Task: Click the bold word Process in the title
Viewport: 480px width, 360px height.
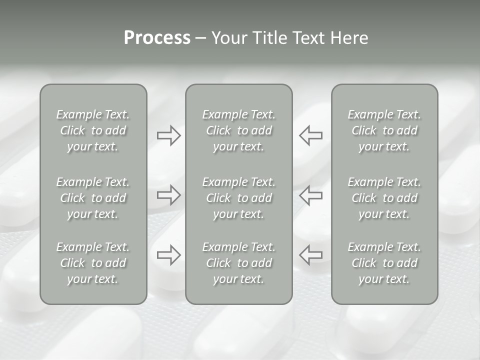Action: coord(157,38)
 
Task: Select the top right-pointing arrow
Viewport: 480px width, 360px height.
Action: coord(168,135)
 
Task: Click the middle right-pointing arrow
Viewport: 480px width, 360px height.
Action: coord(168,195)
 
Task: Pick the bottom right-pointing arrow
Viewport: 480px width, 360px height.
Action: coord(168,255)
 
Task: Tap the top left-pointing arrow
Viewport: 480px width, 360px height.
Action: coord(310,135)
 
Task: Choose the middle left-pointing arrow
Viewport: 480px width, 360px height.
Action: coord(310,195)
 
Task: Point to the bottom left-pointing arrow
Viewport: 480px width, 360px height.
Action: coord(310,255)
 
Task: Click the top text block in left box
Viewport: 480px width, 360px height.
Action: coord(93,130)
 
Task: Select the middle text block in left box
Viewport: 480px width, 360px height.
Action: coord(93,198)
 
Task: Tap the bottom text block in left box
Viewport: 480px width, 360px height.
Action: coord(93,263)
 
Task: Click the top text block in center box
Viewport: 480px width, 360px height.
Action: coord(238,130)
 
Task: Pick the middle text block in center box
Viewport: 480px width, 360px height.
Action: coord(238,198)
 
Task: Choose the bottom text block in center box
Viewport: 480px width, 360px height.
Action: coord(238,263)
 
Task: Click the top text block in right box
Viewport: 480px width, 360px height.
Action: coord(384,130)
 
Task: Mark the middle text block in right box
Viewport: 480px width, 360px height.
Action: coord(384,198)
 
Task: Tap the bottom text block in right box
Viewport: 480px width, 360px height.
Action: coord(384,263)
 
